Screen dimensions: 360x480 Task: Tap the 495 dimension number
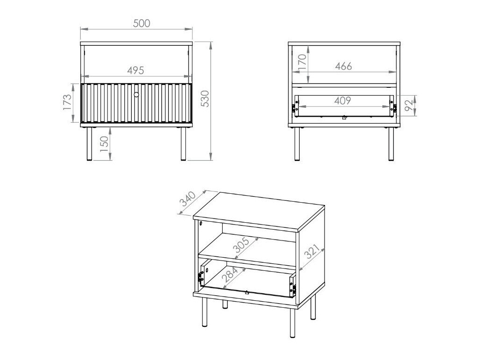[x=135, y=70]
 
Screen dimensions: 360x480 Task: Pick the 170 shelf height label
[x=302, y=62]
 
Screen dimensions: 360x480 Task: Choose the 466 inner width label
[x=343, y=66]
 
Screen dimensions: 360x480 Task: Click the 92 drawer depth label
[x=409, y=106]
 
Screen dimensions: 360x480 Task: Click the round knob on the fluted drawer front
[x=136, y=95]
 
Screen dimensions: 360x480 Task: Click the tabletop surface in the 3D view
[x=259, y=210]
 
